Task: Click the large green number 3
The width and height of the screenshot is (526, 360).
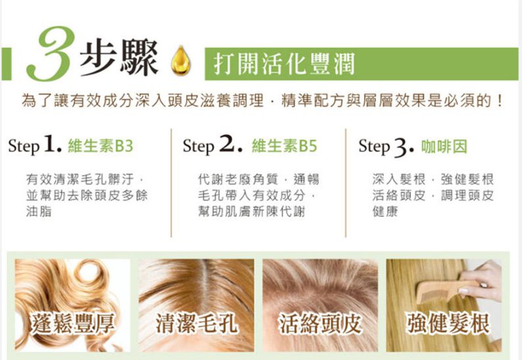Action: (51, 54)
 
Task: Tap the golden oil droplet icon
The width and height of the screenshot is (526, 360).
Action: (181, 60)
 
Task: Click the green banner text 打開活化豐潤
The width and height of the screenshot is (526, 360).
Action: (284, 64)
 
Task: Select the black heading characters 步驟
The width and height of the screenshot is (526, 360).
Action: (119, 57)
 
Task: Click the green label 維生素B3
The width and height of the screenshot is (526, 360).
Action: (101, 146)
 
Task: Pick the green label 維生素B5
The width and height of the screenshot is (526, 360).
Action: (284, 146)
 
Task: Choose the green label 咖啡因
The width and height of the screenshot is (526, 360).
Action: (444, 146)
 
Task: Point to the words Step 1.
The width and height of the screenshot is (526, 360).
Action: (36, 145)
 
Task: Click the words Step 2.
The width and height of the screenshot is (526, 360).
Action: (212, 145)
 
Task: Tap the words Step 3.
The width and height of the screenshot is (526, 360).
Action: (387, 146)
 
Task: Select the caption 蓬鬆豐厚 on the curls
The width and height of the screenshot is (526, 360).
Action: (72, 324)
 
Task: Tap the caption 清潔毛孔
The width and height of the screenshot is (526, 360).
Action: (197, 323)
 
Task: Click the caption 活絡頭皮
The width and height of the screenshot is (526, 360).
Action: (320, 323)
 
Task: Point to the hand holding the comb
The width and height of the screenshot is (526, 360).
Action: (481, 280)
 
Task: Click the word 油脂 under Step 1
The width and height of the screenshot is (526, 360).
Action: (39, 212)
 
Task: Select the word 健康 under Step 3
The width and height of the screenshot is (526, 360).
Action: (385, 212)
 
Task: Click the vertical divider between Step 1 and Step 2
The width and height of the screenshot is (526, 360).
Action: (171, 183)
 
